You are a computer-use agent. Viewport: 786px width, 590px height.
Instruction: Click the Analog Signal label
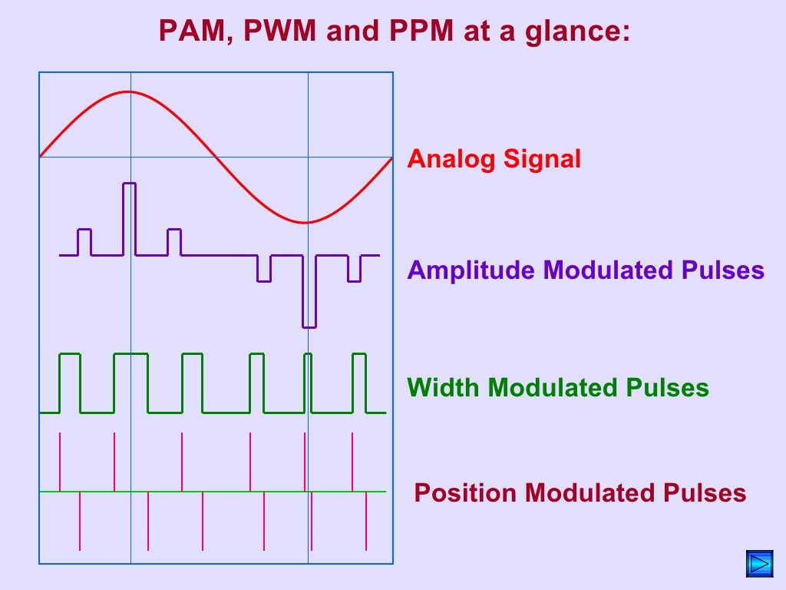pyautogui.click(x=494, y=160)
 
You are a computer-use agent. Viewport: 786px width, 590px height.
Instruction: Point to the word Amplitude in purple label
pyautogui.click(x=472, y=270)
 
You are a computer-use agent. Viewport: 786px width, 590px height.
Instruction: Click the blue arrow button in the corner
pyautogui.click(x=760, y=564)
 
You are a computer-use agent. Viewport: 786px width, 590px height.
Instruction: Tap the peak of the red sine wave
pyautogui.click(x=129, y=92)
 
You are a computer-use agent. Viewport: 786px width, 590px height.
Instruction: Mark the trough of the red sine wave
pyautogui.click(x=307, y=223)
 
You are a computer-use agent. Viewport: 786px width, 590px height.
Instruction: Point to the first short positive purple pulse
pyautogui.click(x=84, y=241)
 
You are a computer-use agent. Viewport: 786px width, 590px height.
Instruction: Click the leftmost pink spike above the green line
pyautogui.click(x=60, y=461)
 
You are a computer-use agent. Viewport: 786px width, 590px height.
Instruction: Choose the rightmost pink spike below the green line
pyautogui.click(x=366, y=521)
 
